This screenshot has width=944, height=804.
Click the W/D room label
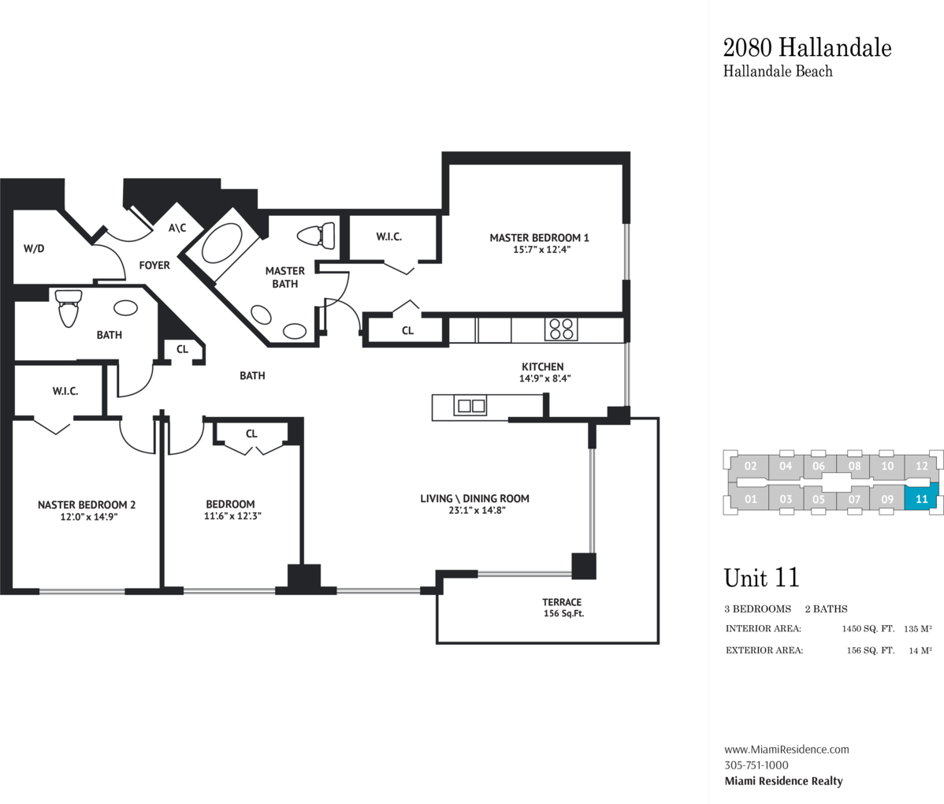click(34, 248)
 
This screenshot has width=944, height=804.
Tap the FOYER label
click(154, 265)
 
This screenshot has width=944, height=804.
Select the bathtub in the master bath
click(221, 244)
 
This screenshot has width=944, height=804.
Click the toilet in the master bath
click(317, 236)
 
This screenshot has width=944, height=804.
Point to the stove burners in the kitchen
click(561, 329)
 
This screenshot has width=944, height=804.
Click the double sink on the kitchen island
click(470, 406)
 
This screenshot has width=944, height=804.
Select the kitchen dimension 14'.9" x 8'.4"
click(544, 378)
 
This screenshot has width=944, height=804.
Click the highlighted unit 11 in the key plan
click(921, 499)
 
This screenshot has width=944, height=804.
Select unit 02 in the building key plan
click(750, 466)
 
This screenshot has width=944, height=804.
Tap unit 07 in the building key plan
click(854, 499)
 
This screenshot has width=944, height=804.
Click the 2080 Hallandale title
click(808, 47)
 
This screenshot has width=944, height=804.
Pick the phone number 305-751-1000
click(756, 765)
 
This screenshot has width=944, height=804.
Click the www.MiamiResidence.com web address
click(787, 749)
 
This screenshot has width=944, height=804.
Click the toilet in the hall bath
click(68, 307)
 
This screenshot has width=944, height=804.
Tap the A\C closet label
click(177, 228)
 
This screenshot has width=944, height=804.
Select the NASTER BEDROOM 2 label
click(87, 504)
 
